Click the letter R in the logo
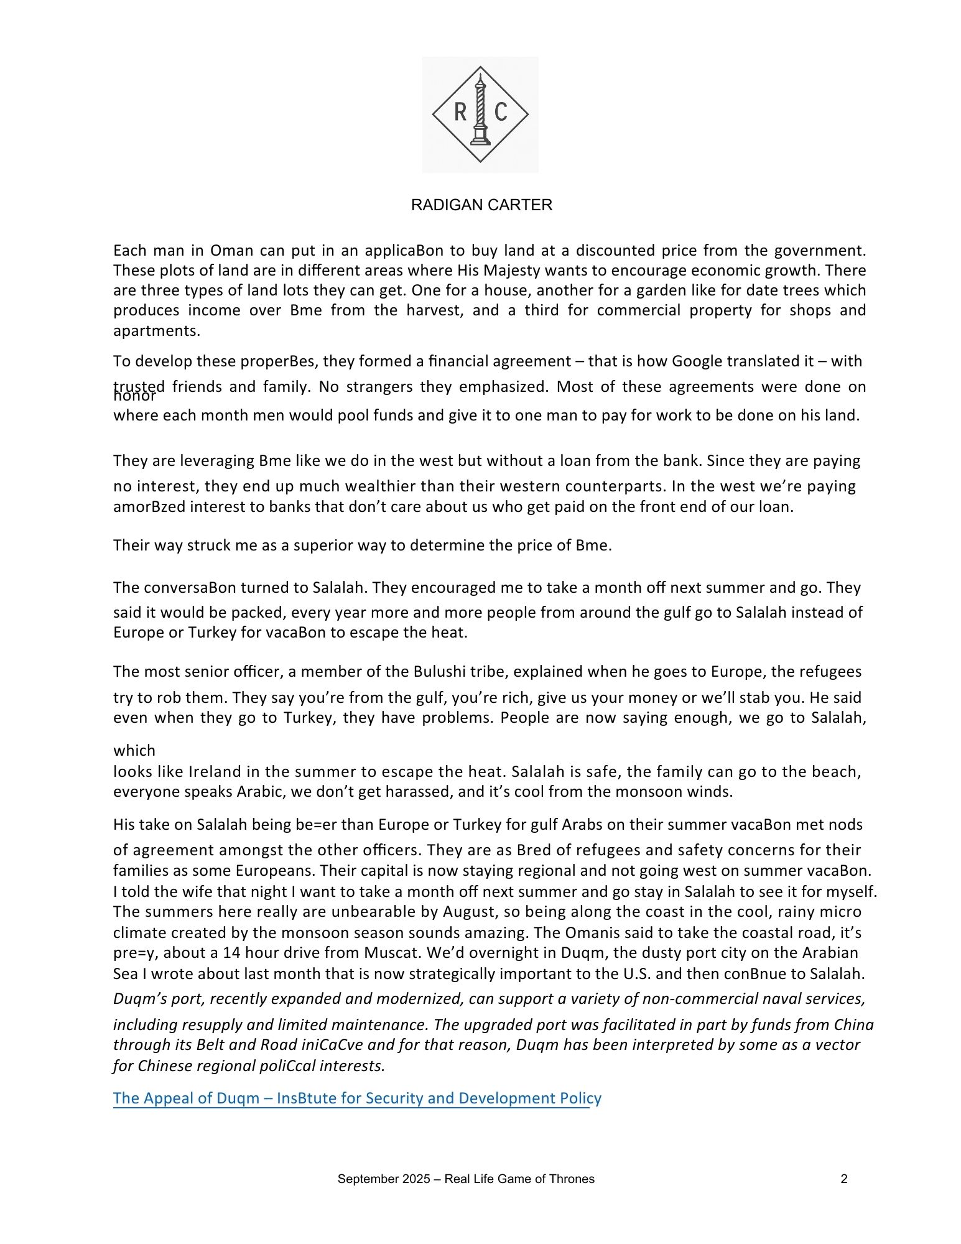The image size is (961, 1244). point(460,112)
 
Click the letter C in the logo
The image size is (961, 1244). point(501,112)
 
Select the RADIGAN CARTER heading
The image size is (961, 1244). point(481,205)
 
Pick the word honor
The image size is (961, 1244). point(134,396)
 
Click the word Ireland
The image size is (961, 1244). point(215,772)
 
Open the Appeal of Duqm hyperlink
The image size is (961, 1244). point(357,1098)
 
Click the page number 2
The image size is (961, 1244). point(844,1179)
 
